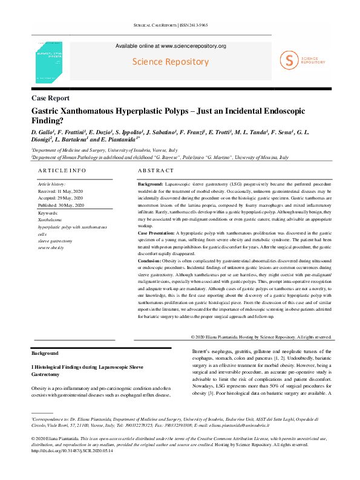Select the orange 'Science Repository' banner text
[171, 62]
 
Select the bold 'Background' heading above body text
[45, 353]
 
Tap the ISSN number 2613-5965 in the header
[211, 25]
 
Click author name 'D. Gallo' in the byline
[44, 132]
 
